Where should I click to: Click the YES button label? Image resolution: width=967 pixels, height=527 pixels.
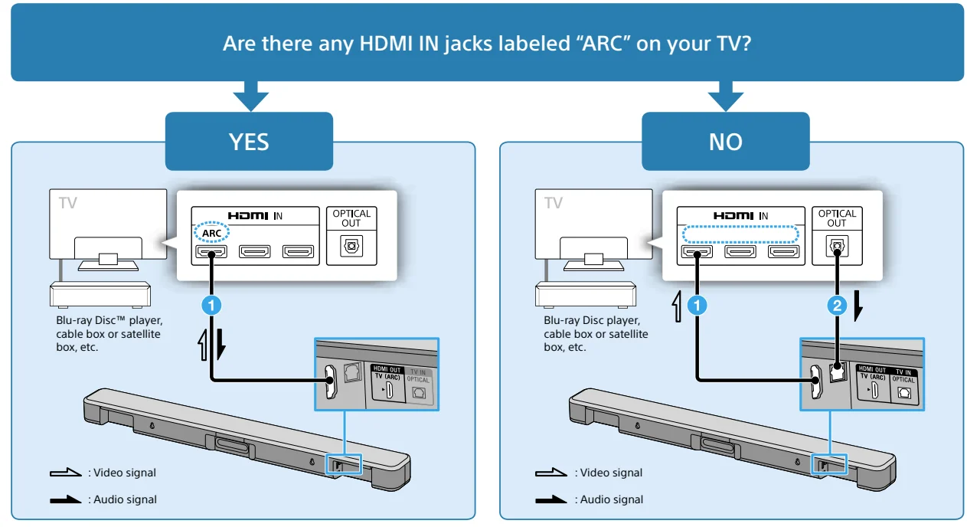click(x=249, y=142)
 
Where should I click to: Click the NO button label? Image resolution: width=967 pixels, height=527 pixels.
click(x=724, y=142)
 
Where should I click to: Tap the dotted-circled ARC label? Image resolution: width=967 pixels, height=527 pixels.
click(x=211, y=232)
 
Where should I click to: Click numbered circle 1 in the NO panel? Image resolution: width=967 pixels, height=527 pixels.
click(x=696, y=306)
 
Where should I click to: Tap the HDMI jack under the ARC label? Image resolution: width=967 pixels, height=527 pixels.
click(x=211, y=251)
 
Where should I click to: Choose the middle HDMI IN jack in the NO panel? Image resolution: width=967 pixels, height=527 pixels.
click(x=740, y=251)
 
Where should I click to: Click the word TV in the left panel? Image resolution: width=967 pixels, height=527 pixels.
click(x=67, y=204)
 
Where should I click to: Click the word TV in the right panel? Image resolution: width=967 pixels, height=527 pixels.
click(x=553, y=204)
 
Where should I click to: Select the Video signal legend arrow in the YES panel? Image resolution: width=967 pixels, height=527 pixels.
click(x=65, y=473)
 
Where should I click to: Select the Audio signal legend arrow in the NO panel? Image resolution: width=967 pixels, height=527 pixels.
click(x=551, y=500)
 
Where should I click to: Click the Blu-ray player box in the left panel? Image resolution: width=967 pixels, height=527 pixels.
click(x=99, y=294)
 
